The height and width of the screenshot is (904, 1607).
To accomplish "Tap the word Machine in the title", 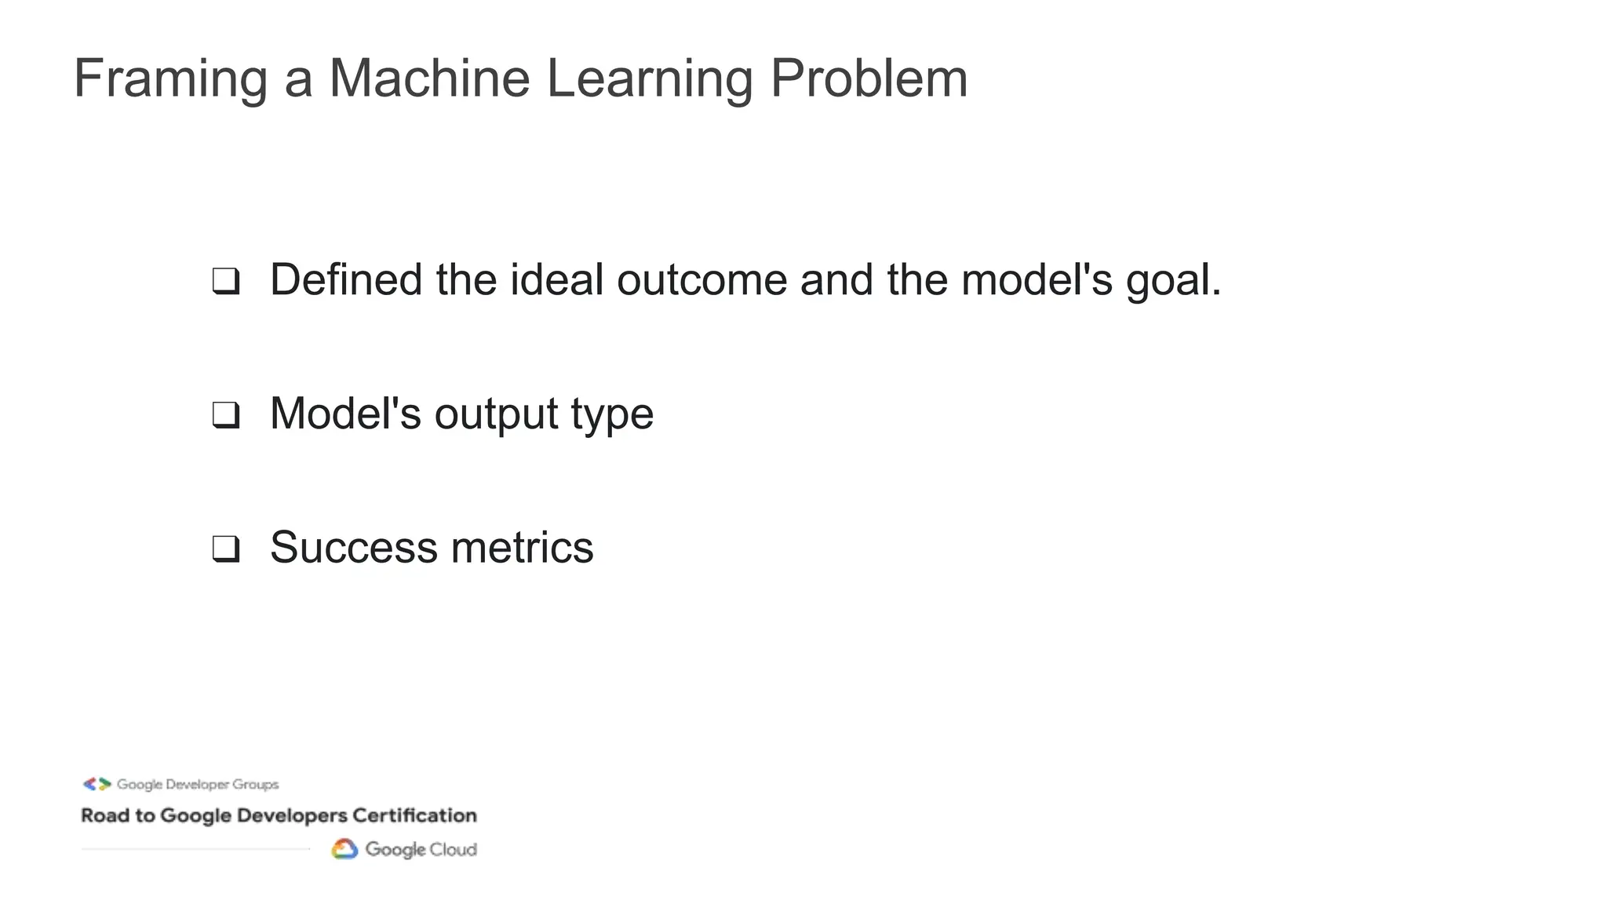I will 429,79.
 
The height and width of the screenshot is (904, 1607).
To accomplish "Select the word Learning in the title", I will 649,79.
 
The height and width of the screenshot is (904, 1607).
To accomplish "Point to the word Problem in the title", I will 869,79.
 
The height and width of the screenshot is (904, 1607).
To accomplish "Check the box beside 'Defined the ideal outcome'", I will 226,281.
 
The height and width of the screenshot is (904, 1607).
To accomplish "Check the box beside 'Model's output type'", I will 226,415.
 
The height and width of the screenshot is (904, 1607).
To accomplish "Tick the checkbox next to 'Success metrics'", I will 226,549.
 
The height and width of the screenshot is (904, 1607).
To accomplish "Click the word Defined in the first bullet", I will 346,279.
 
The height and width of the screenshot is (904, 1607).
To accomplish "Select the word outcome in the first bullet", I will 701,279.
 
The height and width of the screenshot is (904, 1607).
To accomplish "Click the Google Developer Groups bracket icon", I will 97,784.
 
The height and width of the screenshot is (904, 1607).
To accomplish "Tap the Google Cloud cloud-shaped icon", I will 344,849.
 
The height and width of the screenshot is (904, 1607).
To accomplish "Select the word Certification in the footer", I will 414,815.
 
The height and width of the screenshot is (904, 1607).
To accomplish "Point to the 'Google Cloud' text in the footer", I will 421,850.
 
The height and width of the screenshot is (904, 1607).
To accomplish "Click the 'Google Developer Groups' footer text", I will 198,785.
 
